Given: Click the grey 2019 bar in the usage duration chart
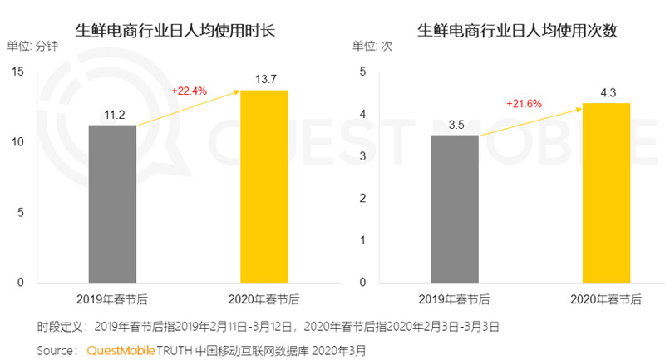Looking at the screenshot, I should (x=112, y=204).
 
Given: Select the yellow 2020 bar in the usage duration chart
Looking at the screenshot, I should (x=264, y=186).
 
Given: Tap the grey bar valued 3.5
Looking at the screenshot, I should (x=455, y=209).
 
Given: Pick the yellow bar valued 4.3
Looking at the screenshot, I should (x=606, y=192).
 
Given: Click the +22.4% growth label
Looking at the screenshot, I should (x=188, y=90).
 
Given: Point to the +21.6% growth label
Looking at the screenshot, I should (x=524, y=103).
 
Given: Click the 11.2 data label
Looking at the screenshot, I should (x=112, y=115).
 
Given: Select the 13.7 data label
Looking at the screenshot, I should (x=264, y=80).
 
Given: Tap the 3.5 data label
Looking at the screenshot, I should (x=455, y=125).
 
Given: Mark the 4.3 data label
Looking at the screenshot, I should (x=606, y=92).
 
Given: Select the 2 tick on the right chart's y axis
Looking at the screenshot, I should (x=362, y=198).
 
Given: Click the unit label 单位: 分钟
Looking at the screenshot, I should (x=32, y=47).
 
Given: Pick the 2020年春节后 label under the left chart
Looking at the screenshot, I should (x=264, y=298).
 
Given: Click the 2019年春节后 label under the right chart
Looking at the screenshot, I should (x=455, y=298).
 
